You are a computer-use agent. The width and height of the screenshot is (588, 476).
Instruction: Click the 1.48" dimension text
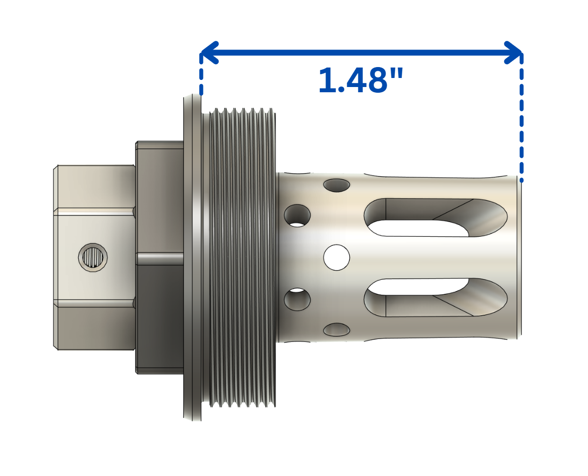coord(360,80)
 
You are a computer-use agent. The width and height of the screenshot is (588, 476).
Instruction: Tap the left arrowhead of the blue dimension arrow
coord(208,52)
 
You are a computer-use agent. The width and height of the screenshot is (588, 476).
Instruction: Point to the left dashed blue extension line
coord(201,76)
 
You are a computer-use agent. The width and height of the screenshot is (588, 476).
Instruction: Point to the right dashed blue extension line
coord(521,119)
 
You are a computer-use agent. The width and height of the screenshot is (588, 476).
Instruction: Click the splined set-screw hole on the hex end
coord(93,258)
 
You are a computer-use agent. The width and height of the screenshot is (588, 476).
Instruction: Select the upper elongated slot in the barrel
coord(435,218)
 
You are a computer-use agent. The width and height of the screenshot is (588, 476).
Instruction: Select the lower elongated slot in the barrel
coord(435,298)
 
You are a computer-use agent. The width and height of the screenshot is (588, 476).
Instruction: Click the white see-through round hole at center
coord(337,258)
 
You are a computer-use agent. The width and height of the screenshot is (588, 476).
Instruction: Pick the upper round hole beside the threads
coord(297,215)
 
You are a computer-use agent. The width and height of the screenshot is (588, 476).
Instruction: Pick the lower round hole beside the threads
coord(297,300)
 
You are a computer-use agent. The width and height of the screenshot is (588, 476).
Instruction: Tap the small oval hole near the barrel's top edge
coord(337,185)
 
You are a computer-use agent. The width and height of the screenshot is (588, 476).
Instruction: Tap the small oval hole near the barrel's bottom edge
coord(337,330)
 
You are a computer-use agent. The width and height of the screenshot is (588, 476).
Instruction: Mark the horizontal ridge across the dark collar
coord(159,258)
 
